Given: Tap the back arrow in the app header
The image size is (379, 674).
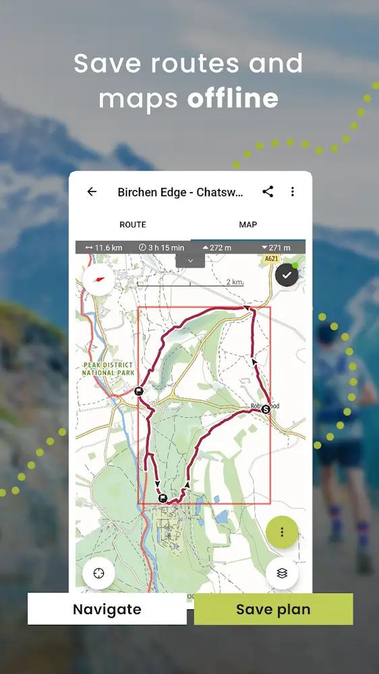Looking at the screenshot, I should coord(92,191).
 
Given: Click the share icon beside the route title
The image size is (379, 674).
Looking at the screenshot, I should coord(268,191).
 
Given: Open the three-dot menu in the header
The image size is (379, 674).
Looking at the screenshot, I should coord(292,191).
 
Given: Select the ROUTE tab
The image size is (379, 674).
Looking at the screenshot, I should coord(133,224).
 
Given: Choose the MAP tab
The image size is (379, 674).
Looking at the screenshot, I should coord(248,224).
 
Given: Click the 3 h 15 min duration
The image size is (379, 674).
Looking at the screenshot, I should coord(161,248).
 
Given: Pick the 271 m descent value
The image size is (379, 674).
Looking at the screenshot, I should coord(276,248).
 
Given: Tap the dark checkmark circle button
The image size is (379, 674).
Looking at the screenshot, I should coord(287,275).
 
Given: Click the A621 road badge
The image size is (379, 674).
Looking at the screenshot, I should coord(271,259).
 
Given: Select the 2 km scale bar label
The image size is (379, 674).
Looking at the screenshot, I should coord(233,282).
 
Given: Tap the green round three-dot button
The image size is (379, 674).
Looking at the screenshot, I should coord(282,532).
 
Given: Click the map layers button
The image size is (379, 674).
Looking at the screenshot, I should coord(282,573).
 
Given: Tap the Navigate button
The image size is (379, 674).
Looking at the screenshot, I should coord(107,609).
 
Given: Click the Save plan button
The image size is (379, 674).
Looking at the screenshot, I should coord(273,609).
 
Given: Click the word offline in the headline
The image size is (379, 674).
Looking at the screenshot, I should coord(233,98).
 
